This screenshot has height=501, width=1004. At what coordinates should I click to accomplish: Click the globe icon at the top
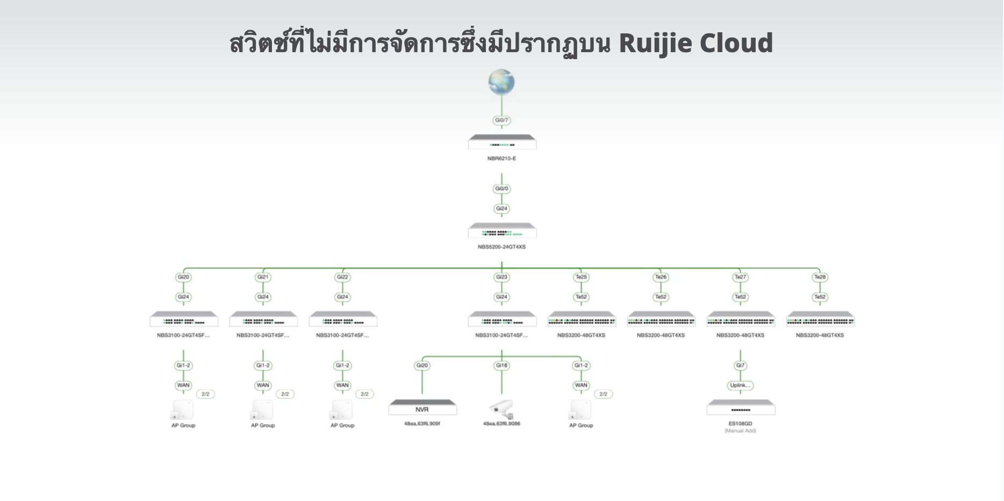(x=501, y=83)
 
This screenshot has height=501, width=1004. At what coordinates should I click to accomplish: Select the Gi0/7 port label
(x=501, y=120)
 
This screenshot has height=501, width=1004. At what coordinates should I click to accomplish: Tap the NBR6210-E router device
(x=502, y=143)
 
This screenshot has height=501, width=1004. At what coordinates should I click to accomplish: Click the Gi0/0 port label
(x=501, y=189)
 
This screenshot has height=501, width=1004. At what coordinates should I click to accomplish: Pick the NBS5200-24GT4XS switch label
(x=501, y=247)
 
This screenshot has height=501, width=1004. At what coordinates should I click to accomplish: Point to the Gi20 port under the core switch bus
(x=183, y=277)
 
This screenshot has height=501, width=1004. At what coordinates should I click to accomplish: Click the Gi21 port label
(x=263, y=277)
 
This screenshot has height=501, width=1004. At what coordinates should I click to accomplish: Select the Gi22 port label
(x=342, y=277)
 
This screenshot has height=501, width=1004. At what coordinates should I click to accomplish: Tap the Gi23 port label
(x=501, y=277)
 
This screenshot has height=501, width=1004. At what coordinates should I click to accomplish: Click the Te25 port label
(x=581, y=277)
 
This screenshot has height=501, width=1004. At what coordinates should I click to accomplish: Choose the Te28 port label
(x=820, y=277)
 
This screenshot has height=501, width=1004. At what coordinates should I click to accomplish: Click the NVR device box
(x=422, y=408)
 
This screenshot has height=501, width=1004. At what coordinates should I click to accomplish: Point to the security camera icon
(x=501, y=409)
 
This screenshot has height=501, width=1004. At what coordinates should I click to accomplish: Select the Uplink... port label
(x=740, y=385)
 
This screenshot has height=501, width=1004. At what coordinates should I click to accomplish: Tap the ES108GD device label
(x=740, y=424)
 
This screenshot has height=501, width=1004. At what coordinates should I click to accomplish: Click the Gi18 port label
(x=501, y=366)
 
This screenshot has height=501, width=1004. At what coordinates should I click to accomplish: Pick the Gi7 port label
(x=740, y=366)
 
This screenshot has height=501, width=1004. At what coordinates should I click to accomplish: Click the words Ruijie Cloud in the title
(x=695, y=43)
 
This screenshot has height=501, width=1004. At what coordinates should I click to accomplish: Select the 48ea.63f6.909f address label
(x=422, y=424)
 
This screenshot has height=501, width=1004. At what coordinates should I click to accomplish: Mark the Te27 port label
(x=740, y=277)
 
